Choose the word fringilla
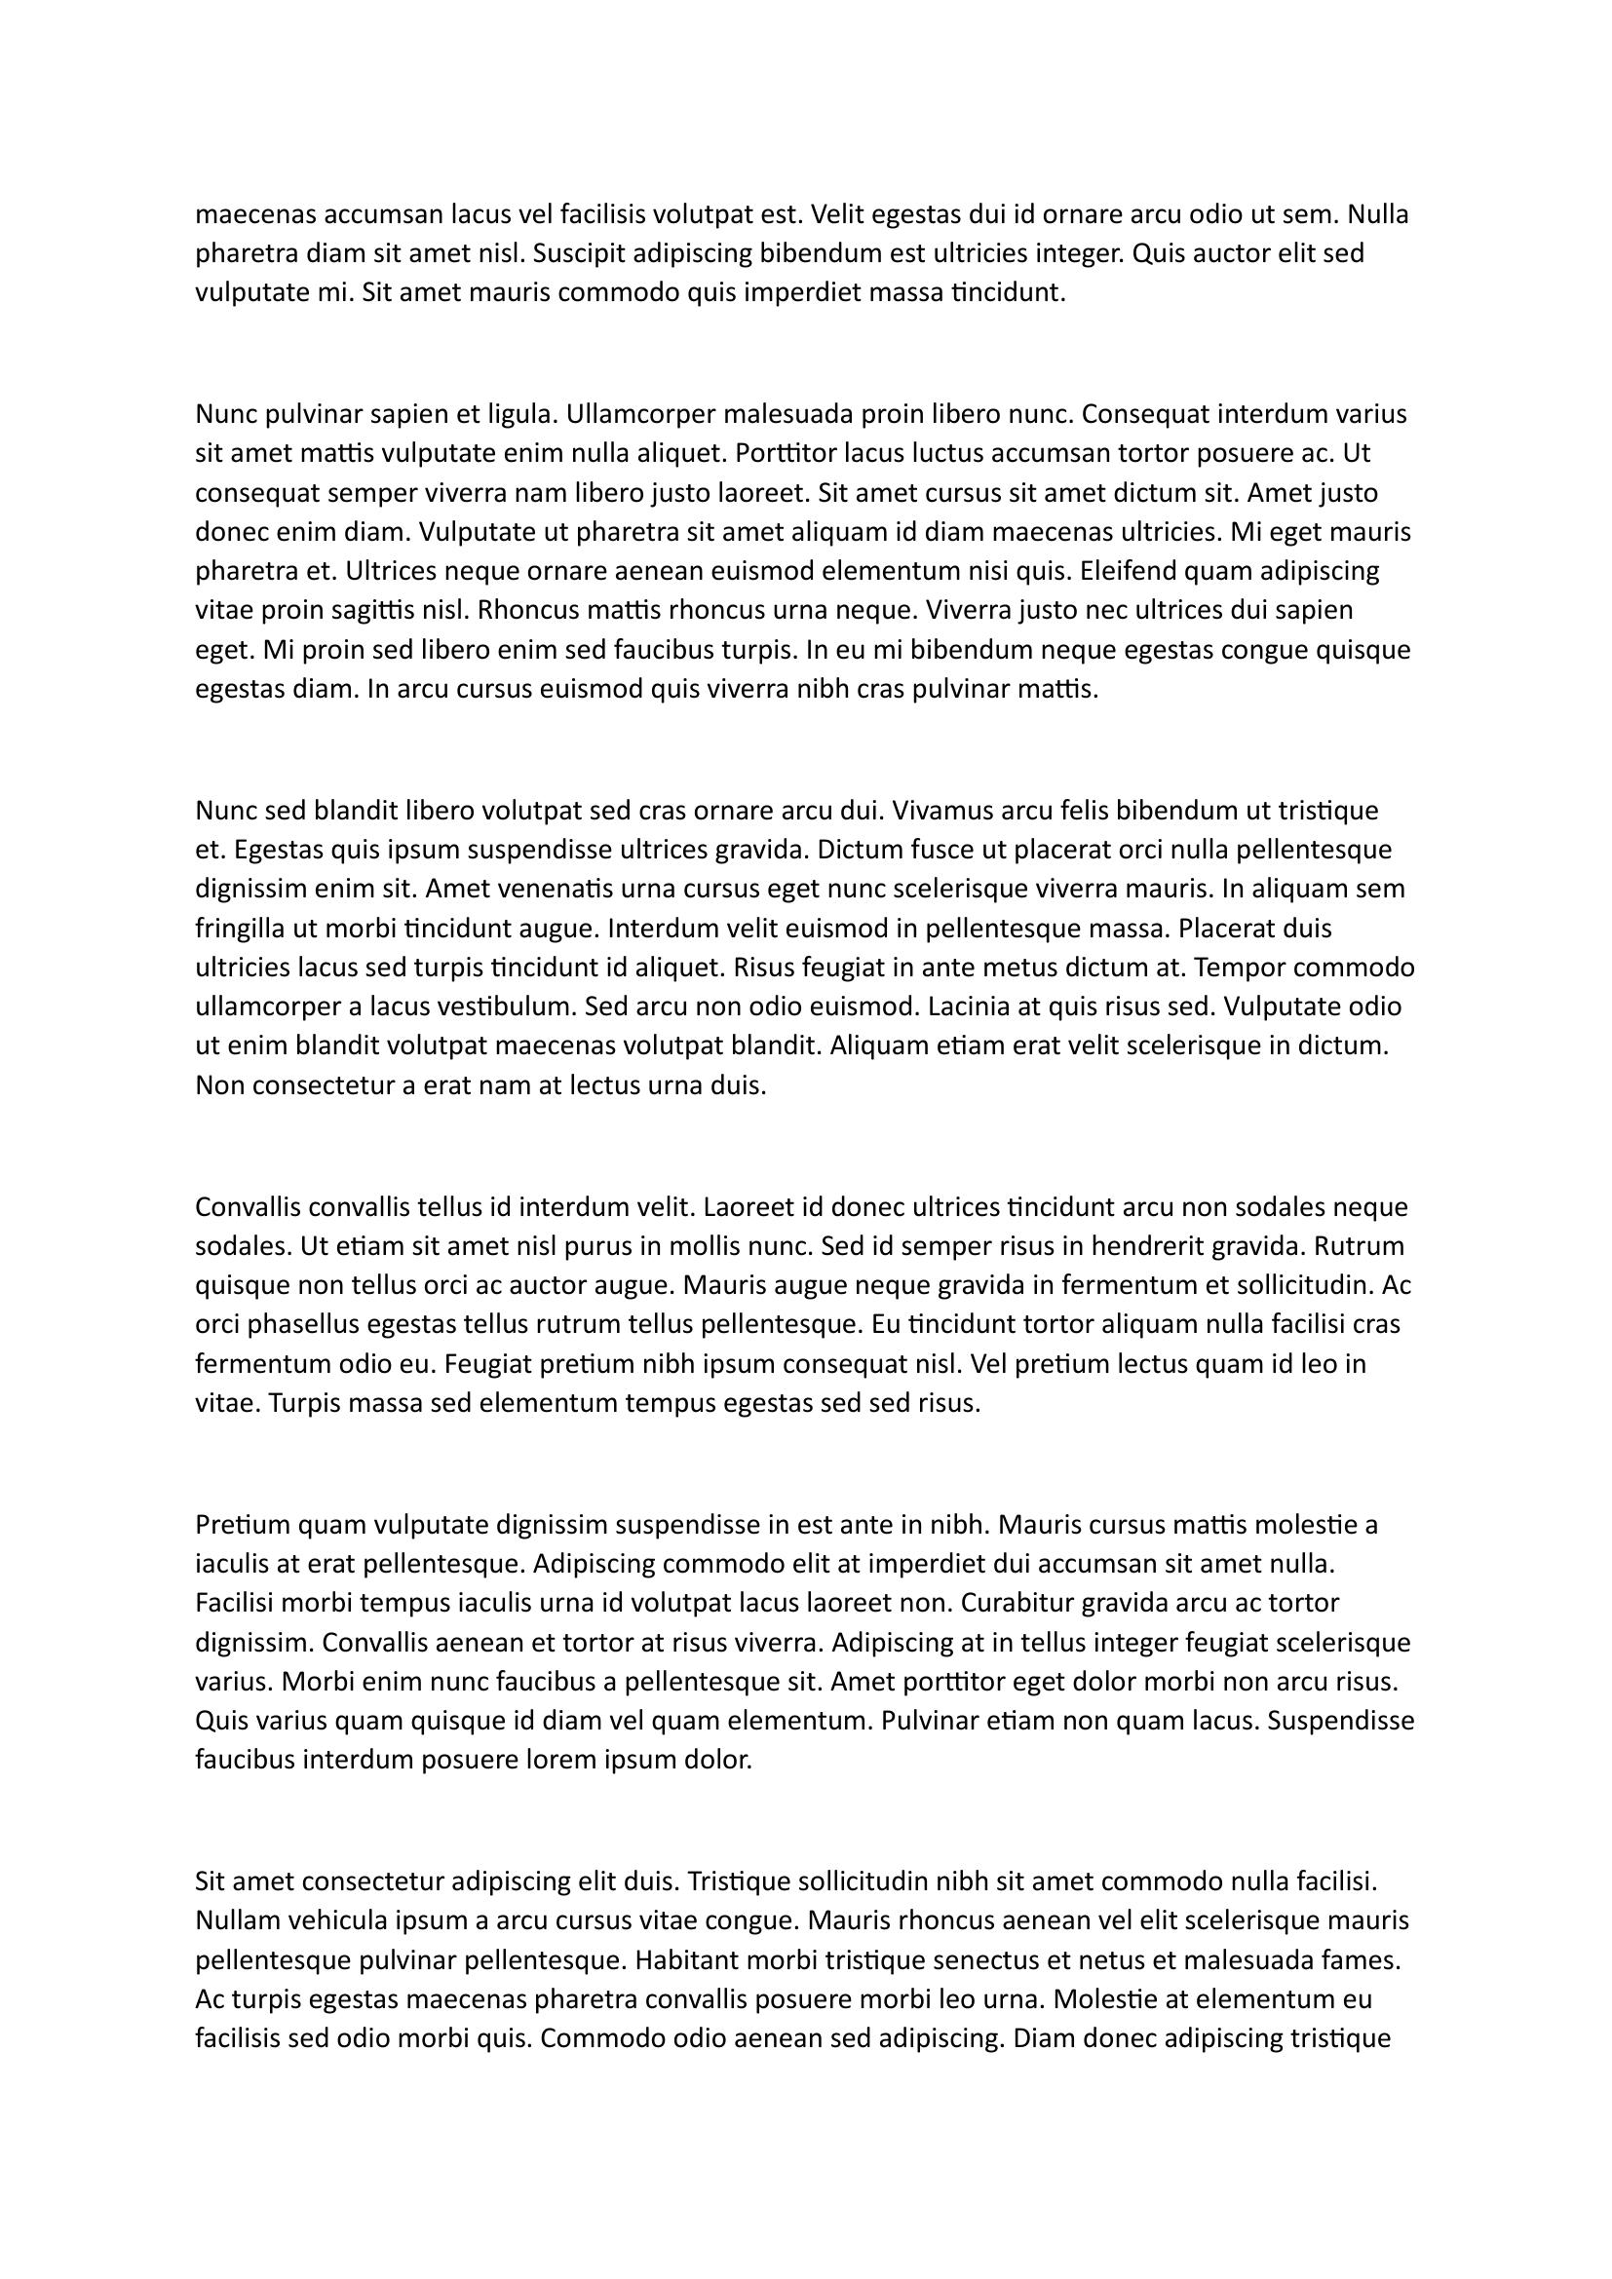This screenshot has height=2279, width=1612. [x=241, y=930]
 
